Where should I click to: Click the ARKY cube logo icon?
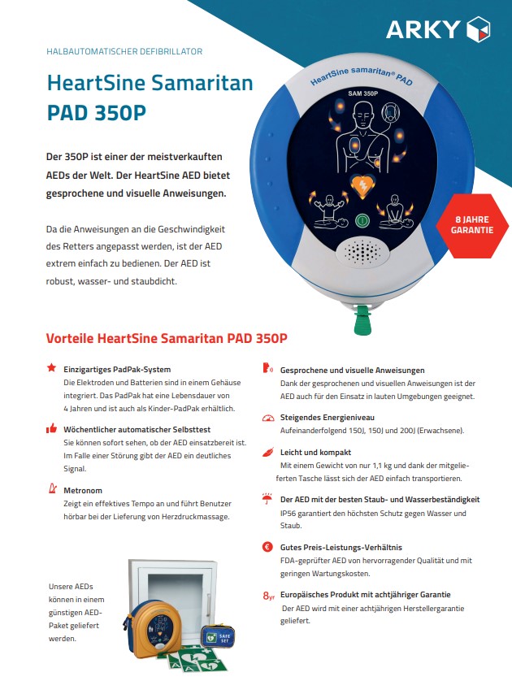[479, 29]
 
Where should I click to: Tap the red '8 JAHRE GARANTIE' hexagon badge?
[471, 225]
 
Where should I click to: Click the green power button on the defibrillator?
[362, 220]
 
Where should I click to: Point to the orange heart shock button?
[362, 185]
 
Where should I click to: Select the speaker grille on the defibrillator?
[362, 252]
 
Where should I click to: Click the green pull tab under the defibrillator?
[362, 319]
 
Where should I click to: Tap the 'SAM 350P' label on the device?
[362, 93]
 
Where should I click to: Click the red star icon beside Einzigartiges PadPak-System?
[51, 368]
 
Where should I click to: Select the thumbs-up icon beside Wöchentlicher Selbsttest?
[51, 428]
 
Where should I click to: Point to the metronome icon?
[52, 489]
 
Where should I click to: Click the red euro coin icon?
[267, 547]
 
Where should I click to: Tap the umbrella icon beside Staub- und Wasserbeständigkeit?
[267, 499]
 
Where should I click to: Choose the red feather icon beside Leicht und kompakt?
[267, 452]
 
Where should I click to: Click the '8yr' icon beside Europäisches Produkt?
[269, 596]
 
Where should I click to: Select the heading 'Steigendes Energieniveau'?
[327, 418]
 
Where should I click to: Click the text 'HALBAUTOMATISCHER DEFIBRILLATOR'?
[124, 51]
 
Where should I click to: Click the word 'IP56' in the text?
[288, 514]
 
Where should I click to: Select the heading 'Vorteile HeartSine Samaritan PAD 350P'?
[167, 338]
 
